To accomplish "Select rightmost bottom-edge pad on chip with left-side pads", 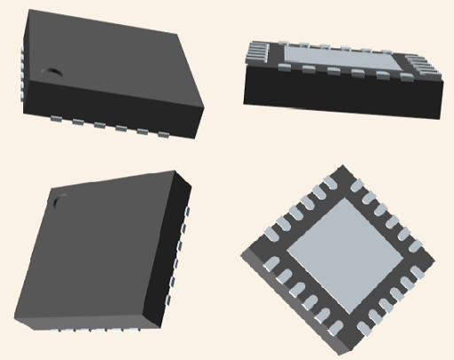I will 165,135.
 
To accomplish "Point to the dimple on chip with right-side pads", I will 60,200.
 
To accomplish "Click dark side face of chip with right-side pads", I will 177,257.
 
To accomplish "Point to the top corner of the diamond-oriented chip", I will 339,166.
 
